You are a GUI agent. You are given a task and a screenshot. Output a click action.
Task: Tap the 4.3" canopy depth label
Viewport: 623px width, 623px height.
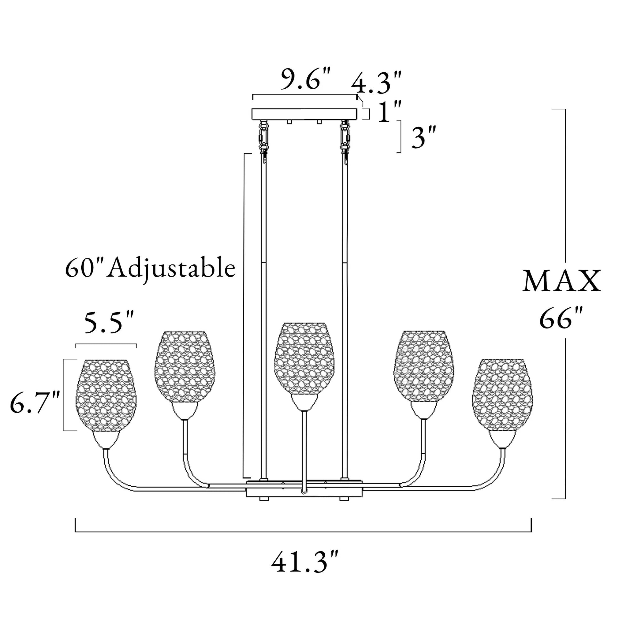(376, 83)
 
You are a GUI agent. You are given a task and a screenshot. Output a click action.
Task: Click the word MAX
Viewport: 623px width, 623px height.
(562, 281)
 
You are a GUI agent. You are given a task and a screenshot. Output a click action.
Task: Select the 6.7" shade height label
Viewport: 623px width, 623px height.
(35, 403)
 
